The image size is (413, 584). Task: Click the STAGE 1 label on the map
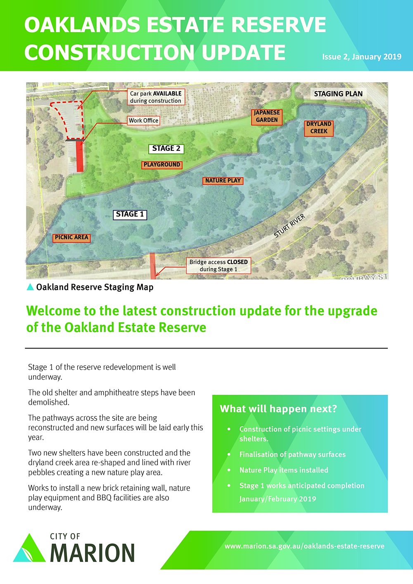[x=130, y=214]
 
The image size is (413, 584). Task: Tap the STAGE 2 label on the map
[x=166, y=149]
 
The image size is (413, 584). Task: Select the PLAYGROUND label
[x=161, y=164]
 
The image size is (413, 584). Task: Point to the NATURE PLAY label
[x=223, y=180]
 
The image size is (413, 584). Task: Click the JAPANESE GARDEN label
[x=267, y=116]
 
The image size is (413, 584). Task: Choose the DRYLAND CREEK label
[x=319, y=127]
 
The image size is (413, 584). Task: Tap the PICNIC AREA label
[x=71, y=237]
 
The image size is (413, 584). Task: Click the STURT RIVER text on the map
[x=290, y=226]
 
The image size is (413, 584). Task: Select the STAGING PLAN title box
[x=338, y=94]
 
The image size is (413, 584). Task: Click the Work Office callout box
[x=143, y=121]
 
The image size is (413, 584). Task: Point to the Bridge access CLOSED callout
[x=218, y=265]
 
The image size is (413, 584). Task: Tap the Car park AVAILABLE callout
[x=155, y=97]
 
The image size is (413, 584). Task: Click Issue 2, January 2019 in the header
[x=361, y=57]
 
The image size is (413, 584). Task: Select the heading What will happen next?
[x=278, y=409]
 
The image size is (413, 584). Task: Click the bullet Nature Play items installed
[x=284, y=470]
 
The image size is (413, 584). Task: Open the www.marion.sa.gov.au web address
[x=304, y=546]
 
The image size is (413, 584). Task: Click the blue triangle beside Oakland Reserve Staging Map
[x=30, y=287]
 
